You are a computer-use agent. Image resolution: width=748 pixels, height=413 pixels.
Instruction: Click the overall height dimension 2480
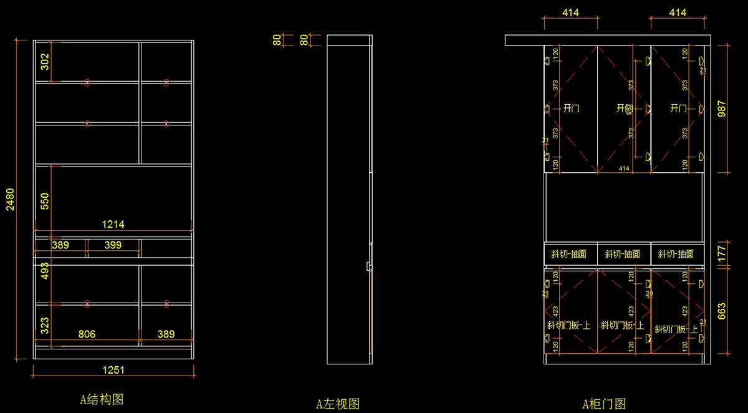tap(10, 199)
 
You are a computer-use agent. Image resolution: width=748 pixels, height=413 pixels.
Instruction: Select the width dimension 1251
tap(113, 370)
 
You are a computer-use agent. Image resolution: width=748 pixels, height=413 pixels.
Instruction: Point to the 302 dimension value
tap(45, 61)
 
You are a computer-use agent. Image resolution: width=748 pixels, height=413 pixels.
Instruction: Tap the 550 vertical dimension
tap(45, 202)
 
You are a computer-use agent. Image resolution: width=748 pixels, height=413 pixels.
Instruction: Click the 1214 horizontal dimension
tap(113, 225)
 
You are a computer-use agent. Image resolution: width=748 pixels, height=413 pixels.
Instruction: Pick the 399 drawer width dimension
tap(113, 245)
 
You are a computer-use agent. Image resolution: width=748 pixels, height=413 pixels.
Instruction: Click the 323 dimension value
tap(45, 326)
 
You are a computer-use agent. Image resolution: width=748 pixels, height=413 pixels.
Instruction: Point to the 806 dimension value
tap(87, 334)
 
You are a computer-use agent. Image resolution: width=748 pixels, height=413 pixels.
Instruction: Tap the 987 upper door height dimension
tap(722, 109)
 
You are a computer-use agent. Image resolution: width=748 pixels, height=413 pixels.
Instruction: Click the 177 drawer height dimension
tap(722, 253)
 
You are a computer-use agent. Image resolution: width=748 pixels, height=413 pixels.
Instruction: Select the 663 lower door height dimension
tap(722, 311)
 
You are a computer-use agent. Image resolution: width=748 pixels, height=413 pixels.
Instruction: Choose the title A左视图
tap(338, 404)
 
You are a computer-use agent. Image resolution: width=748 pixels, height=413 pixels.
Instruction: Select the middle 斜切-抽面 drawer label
tap(623, 254)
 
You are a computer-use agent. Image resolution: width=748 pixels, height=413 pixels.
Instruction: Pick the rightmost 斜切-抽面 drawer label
tap(676, 254)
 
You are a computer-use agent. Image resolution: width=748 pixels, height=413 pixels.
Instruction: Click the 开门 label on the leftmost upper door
tap(571, 109)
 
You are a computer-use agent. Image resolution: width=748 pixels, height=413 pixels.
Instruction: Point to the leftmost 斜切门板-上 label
tap(568, 325)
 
